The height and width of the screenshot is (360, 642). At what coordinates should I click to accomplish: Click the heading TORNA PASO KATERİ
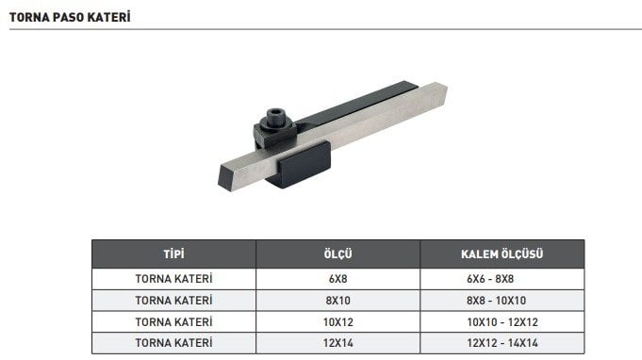pyautogui.click(x=70, y=17)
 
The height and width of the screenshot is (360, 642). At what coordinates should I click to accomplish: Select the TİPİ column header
pyautogui.click(x=173, y=254)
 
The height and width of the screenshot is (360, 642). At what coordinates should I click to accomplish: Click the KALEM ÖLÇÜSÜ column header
pyautogui.click(x=502, y=254)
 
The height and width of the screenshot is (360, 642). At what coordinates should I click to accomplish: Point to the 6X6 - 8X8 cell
pyautogui.click(x=502, y=279)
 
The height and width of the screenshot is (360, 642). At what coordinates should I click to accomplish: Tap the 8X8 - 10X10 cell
pyautogui.click(x=502, y=301)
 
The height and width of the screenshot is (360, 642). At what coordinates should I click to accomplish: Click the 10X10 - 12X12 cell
pyautogui.click(x=502, y=321)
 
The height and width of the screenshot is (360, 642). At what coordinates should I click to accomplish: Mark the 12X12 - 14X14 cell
pyautogui.click(x=502, y=342)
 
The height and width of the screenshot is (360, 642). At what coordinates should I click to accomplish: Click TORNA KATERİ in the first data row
pyautogui.click(x=173, y=279)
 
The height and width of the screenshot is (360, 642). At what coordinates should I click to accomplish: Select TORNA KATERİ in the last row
pyautogui.click(x=173, y=342)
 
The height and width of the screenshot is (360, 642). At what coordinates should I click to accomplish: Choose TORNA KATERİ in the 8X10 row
pyautogui.click(x=173, y=301)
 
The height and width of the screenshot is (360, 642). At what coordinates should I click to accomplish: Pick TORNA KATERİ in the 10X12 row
pyautogui.click(x=173, y=321)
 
